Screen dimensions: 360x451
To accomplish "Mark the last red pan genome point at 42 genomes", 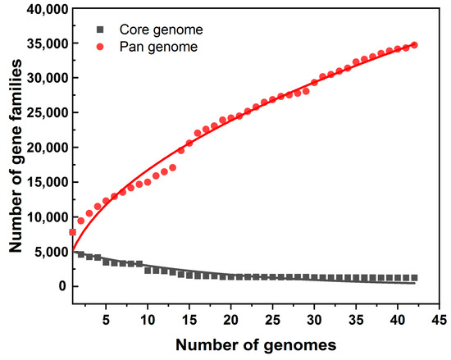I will coord(414,45).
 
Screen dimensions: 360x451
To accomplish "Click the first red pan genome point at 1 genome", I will coord(73,233).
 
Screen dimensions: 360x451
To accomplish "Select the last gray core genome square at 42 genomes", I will coord(414,278).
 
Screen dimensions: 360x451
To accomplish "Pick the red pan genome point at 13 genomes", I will coord(172,167).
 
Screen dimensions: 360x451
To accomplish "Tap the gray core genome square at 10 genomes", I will coord(148,270).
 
